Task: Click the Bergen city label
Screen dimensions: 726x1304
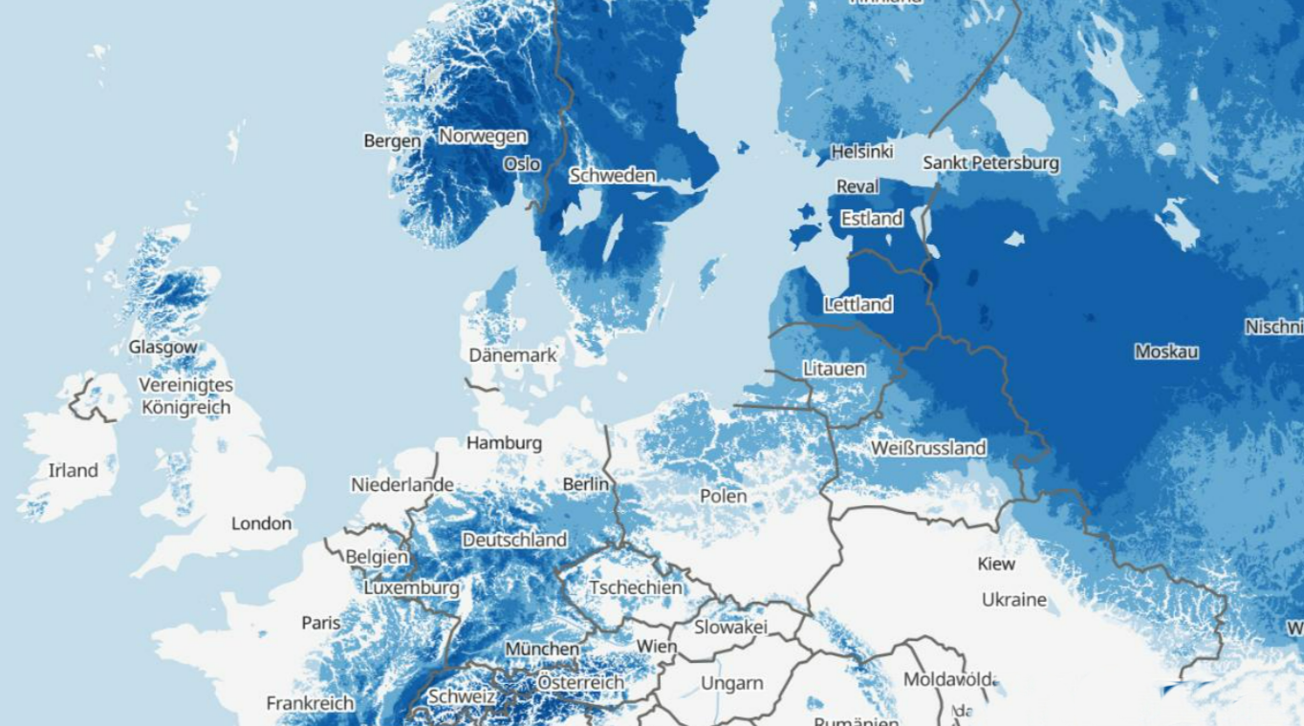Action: click(x=392, y=141)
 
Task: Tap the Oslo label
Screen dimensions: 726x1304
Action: click(x=522, y=164)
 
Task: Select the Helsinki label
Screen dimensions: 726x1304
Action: click(x=861, y=152)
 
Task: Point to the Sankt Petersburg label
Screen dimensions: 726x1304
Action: click(x=990, y=163)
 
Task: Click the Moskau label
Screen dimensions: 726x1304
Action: click(x=1166, y=352)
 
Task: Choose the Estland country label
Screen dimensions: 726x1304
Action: click(x=871, y=219)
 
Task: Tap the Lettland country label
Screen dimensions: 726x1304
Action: click(x=858, y=305)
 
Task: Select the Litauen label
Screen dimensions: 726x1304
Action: click(x=834, y=369)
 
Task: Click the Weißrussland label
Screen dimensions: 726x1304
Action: click(x=927, y=448)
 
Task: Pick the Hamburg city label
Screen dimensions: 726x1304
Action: click(x=504, y=443)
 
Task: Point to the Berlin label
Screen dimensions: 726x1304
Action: click(x=585, y=484)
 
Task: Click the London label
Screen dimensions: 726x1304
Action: click(x=261, y=523)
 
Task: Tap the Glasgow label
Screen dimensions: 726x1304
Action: click(x=163, y=348)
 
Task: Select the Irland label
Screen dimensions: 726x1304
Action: click(x=74, y=470)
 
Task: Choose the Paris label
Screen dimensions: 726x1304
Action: click(x=321, y=623)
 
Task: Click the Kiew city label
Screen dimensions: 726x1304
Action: click(x=996, y=564)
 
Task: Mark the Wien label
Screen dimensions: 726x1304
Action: click(x=657, y=647)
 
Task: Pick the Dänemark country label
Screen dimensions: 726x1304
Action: click(x=512, y=355)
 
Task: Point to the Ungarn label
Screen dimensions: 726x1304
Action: click(x=732, y=683)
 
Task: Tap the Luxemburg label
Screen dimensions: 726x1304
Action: click(x=411, y=588)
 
